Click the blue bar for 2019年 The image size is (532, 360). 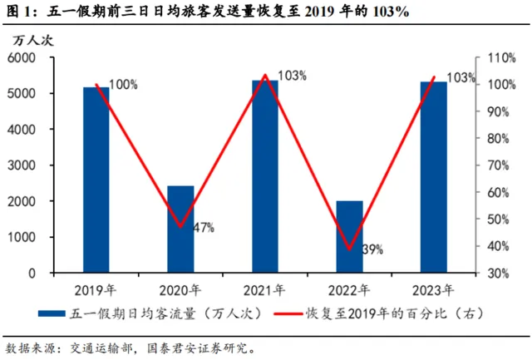point(96,180)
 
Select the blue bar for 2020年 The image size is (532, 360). point(180,229)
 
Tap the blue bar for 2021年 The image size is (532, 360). point(265,176)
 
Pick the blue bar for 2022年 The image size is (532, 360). point(349,237)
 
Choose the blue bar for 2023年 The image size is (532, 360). point(433,177)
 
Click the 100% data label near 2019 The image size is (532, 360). point(123,85)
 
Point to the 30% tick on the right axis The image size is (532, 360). point(496,273)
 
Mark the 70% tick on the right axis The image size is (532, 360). point(496,165)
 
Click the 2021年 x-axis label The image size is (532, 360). point(265,289)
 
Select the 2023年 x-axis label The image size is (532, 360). point(433,289)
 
